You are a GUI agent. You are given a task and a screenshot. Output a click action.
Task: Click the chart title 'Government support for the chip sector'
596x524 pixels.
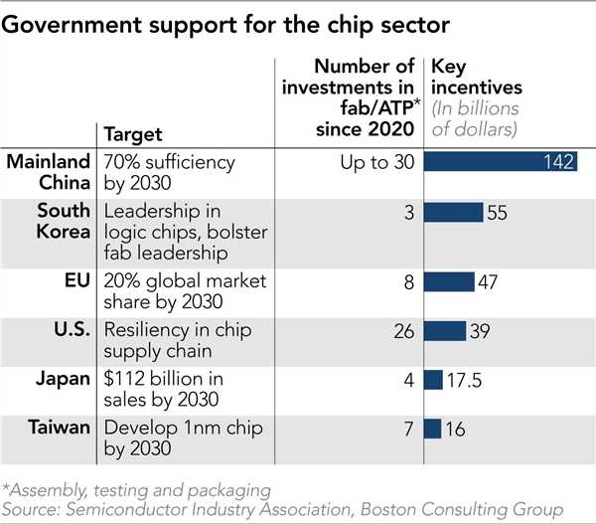(x=226, y=27)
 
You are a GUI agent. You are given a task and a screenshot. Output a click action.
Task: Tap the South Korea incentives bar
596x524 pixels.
(x=454, y=213)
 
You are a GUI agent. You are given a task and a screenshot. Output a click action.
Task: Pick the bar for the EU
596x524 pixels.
(x=449, y=282)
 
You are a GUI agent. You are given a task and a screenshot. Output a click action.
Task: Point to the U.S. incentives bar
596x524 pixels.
(x=445, y=331)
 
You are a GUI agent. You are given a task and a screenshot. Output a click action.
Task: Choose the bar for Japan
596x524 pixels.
(x=433, y=380)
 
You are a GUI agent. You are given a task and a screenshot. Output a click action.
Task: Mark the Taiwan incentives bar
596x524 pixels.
(x=432, y=429)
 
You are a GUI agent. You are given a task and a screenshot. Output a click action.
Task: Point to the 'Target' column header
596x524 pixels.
(x=133, y=132)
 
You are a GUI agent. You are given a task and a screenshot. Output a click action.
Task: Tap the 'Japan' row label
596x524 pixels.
(x=68, y=380)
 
